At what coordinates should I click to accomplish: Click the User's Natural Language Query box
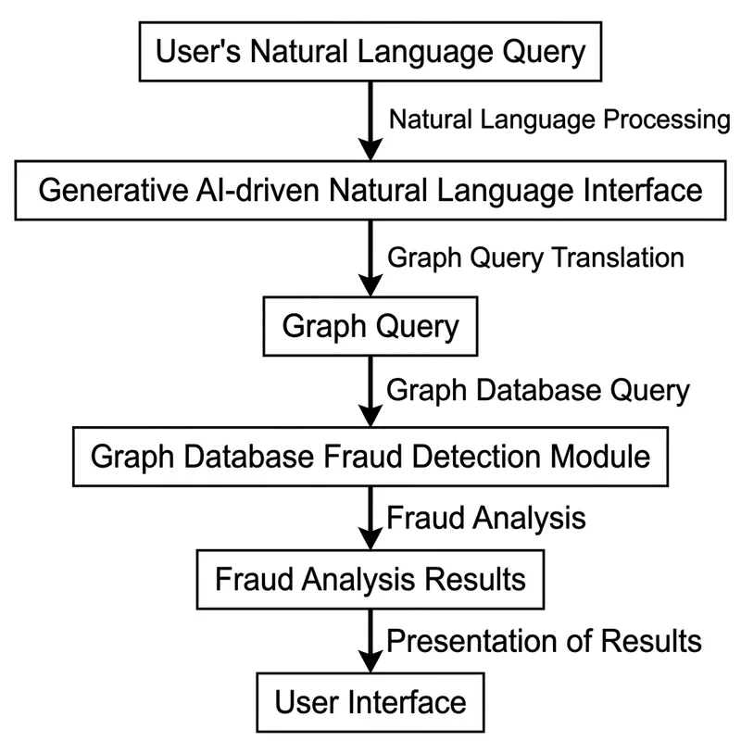(370, 53)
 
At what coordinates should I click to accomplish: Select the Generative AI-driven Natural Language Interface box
(370, 192)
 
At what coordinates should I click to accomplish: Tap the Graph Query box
(370, 327)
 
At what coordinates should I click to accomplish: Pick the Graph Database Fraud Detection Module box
(370, 456)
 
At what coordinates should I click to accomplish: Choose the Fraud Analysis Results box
(370, 580)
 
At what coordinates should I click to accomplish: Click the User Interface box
(370, 701)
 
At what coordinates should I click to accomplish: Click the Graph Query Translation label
(535, 257)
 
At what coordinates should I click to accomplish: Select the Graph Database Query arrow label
(537, 390)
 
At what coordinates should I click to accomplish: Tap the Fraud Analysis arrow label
(485, 517)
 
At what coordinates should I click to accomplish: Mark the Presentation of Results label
(544, 640)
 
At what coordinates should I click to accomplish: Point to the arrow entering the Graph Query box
(370, 259)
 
